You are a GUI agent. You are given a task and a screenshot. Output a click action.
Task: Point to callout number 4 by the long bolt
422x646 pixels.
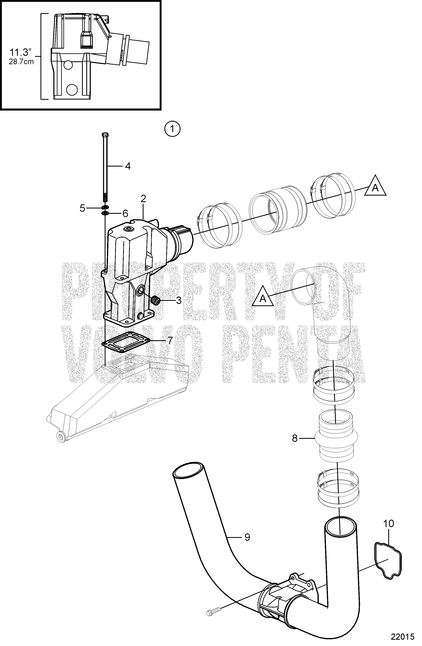(128, 166)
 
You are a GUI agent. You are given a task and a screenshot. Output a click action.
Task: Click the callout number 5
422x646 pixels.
(82, 208)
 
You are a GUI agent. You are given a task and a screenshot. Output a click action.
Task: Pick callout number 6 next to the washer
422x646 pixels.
(125, 213)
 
